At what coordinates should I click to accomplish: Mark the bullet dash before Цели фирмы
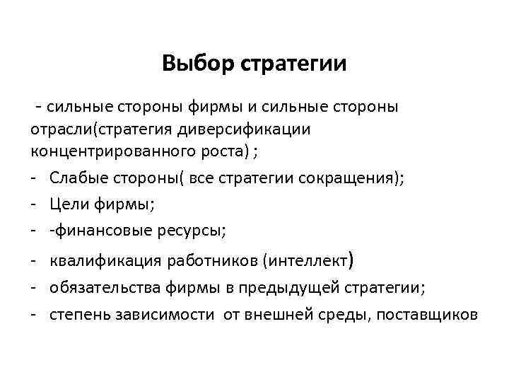[34, 204]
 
